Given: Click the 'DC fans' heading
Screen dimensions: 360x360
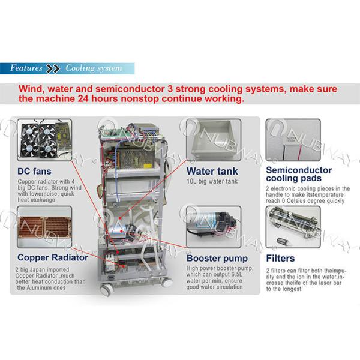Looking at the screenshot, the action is tap(34, 171).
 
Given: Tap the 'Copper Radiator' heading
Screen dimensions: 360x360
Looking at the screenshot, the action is tap(53, 257).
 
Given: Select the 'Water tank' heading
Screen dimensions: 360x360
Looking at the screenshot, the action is tap(212, 171).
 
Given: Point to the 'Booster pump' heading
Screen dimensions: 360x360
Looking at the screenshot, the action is tap(217, 259).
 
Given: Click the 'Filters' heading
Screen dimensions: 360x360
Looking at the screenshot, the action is tap(280, 259).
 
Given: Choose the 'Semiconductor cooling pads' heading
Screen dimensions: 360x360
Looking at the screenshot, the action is tap(299, 174).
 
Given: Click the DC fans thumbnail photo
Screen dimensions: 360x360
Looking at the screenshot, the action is tap(44, 140).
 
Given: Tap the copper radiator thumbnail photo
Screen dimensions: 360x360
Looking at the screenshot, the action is tap(44, 227).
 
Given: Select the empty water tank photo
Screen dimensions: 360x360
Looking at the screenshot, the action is tap(214, 140).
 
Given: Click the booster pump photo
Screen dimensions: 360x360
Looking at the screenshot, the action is tap(214, 227).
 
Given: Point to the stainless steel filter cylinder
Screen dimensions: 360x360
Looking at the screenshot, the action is tap(295, 222).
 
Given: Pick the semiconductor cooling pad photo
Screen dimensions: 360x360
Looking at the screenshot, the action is tap(293, 140).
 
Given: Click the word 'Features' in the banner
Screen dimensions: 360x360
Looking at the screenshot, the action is tap(26, 68).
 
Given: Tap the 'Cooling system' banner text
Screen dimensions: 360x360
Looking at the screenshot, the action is tap(94, 68).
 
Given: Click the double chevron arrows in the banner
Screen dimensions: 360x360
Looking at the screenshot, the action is tap(53, 68).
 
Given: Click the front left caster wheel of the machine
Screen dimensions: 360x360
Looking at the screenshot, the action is tap(106, 290).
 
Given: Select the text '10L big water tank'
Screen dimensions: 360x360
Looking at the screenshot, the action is tap(212, 181).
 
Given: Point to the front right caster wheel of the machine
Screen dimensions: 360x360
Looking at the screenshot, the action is tap(167, 282).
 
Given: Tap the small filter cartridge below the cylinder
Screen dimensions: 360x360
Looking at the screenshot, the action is tap(282, 241).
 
